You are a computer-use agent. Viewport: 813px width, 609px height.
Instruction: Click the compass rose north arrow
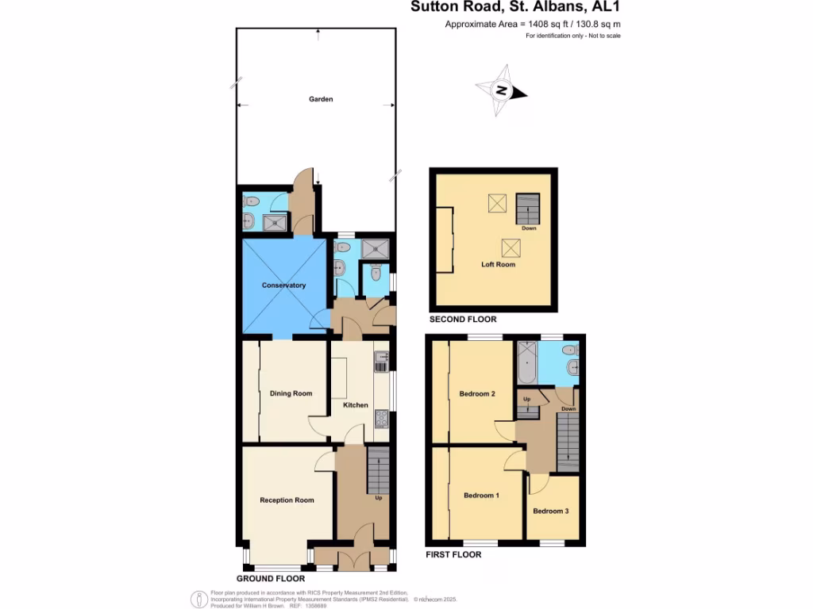click(x=501, y=90)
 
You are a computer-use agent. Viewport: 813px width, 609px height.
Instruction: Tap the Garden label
click(x=321, y=99)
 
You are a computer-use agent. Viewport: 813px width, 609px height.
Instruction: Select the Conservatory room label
click(x=283, y=285)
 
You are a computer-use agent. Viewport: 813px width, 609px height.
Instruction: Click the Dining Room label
click(x=291, y=393)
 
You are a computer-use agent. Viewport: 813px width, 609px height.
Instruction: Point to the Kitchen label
click(x=356, y=405)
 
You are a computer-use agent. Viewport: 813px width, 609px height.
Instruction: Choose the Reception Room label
click(x=287, y=500)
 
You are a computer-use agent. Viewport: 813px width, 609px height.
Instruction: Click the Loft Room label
click(x=498, y=264)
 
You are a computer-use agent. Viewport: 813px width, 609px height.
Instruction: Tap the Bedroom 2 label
click(x=477, y=394)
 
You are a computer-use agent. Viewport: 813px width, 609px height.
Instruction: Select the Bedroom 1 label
click(x=481, y=496)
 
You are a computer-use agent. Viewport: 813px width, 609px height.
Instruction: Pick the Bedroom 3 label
click(x=551, y=511)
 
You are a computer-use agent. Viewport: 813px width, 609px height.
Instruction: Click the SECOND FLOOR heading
click(x=463, y=320)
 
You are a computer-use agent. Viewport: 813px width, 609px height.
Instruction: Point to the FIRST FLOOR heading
click(x=453, y=555)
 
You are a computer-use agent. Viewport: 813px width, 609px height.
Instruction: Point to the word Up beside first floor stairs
click(x=526, y=398)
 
